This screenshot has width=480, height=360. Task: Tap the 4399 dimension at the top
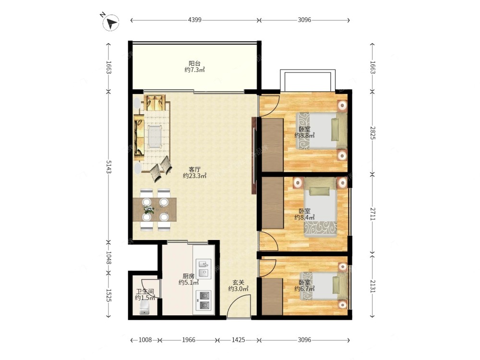tap(195, 20)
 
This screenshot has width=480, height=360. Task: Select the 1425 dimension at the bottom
tap(238, 340)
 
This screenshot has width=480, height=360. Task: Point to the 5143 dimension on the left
tap(108, 167)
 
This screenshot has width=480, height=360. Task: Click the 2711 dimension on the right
tap(372, 214)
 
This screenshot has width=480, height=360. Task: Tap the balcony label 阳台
tap(194, 63)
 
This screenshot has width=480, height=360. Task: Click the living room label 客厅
tap(194, 169)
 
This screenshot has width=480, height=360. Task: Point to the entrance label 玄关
tap(238, 282)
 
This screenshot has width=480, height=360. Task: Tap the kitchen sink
tap(203, 268)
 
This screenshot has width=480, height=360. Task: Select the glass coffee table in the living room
tap(156, 136)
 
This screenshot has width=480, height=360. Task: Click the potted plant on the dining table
tap(149, 209)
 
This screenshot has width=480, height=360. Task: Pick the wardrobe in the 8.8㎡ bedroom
tap(272, 145)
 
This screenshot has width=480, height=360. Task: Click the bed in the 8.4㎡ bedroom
tap(320, 207)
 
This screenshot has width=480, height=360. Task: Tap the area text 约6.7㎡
tap(304, 288)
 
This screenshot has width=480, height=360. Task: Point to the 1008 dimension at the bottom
tap(145, 340)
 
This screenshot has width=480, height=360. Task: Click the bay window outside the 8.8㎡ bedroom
tap(308, 72)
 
